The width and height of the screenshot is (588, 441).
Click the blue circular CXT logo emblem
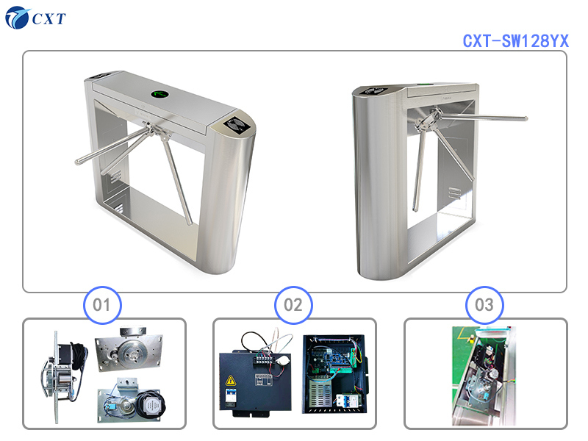17,17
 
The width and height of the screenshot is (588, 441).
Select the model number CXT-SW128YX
516,41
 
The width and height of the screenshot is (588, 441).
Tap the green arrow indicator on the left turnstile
160,93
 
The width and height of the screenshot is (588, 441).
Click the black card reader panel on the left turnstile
237,124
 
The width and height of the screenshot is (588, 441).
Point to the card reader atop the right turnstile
376,90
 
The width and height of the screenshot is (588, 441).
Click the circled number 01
102,305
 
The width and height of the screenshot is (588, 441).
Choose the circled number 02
293,305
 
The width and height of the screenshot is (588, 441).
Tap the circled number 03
484,305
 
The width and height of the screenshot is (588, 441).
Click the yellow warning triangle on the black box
230,381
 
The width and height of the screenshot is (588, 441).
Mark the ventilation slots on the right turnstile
455,193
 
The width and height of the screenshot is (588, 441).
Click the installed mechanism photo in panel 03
484,376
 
